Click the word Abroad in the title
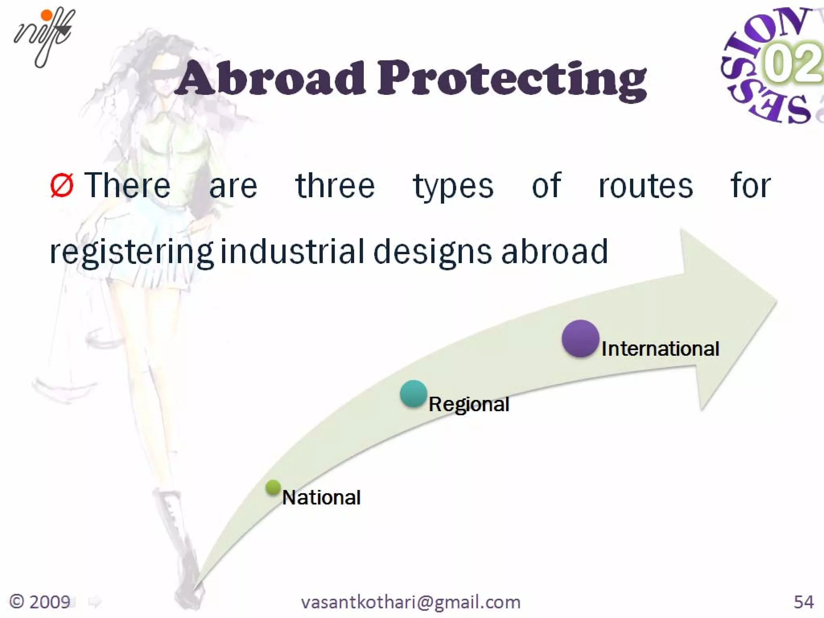[x=270, y=78]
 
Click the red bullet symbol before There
[x=62, y=186]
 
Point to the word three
[x=335, y=186]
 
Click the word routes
[x=645, y=186]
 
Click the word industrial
[x=293, y=251]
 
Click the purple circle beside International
[x=580, y=338]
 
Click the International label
[x=660, y=348]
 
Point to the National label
[x=321, y=497]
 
